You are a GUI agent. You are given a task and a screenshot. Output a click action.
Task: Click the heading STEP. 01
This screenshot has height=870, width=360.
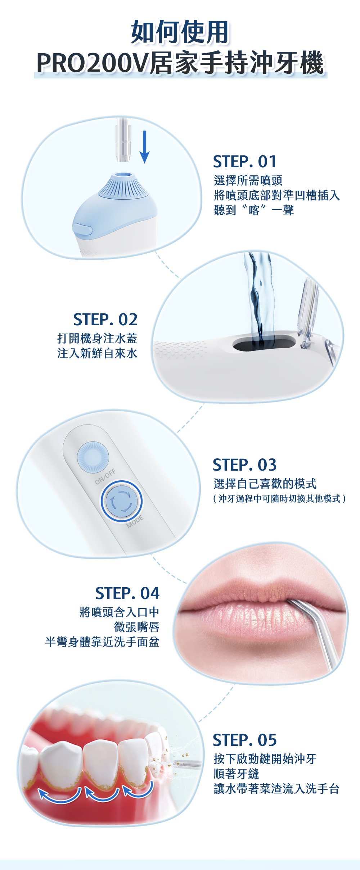(x=245, y=162)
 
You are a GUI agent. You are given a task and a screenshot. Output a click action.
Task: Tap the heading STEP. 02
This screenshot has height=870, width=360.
(x=105, y=320)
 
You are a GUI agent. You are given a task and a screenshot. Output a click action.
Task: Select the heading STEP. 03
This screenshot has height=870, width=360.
(x=245, y=465)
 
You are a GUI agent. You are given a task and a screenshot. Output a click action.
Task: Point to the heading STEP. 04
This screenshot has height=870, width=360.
(x=127, y=593)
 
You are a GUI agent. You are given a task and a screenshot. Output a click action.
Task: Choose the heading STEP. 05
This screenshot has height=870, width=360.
(x=245, y=740)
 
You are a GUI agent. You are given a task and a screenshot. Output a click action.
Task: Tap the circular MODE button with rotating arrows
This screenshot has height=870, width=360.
(x=122, y=501)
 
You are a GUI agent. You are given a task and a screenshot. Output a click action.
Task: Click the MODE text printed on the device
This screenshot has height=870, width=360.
(x=135, y=522)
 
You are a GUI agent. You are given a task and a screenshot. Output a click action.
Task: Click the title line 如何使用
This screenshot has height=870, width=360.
(x=180, y=32)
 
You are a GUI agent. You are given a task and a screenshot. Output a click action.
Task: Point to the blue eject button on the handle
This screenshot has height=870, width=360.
(x=82, y=229)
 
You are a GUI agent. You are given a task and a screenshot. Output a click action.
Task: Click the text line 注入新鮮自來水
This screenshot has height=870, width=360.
(x=97, y=353)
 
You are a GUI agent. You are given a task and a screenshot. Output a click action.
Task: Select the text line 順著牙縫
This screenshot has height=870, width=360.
(x=237, y=774)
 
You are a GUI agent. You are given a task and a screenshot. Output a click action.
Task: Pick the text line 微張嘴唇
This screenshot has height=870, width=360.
(x=137, y=627)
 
